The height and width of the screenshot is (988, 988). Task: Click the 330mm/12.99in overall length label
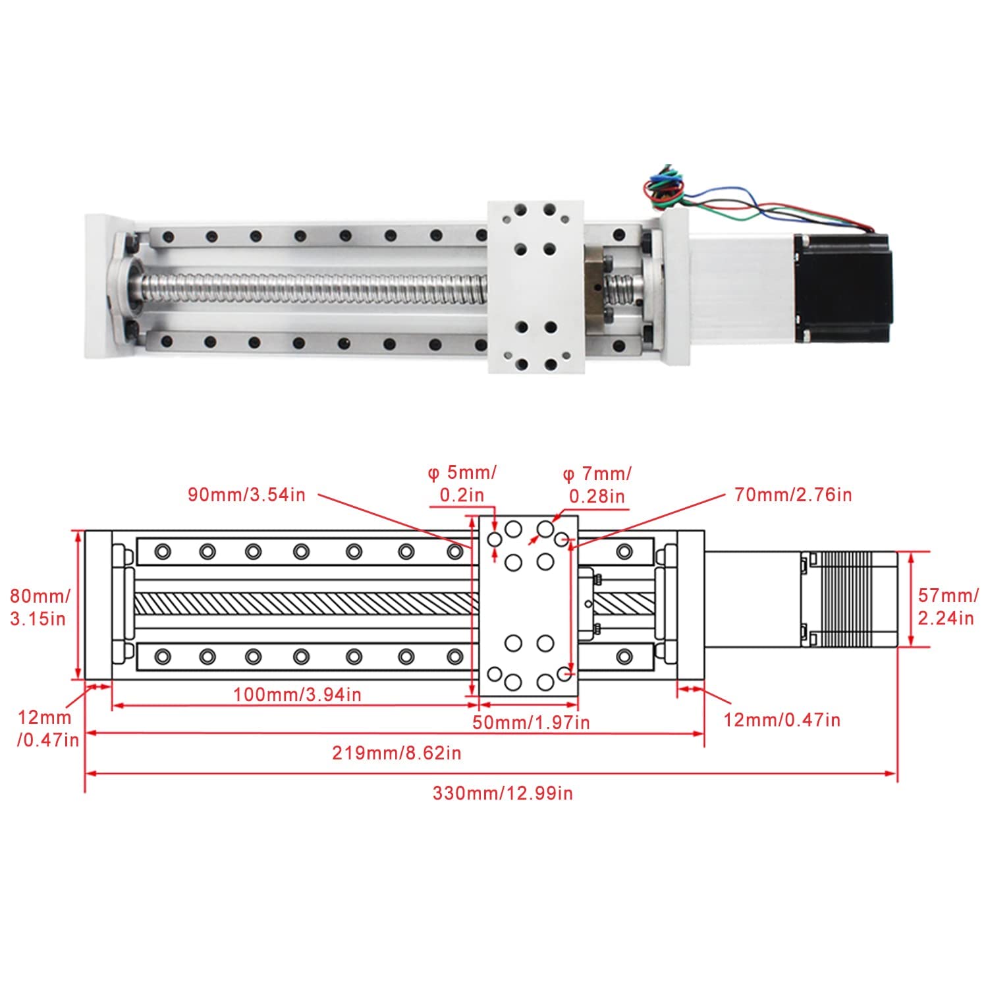(x=502, y=793)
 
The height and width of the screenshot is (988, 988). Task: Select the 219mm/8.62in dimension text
(x=397, y=753)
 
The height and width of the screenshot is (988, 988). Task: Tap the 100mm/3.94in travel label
(x=297, y=694)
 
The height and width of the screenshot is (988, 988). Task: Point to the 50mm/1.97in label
(x=531, y=723)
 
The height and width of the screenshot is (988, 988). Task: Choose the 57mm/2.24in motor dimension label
(x=946, y=607)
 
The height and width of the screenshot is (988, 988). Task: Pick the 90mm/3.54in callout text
(x=246, y=495)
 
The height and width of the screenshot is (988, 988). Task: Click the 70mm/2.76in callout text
(x=793, y=494)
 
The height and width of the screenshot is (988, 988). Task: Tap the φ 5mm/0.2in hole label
(x=462, y=483)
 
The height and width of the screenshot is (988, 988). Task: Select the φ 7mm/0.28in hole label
(x=597, y=484)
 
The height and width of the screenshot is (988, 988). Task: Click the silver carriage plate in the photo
(x=535, y=287)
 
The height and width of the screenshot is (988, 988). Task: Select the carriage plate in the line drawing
(x=528, y=606)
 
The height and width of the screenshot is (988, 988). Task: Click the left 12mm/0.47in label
(x=46, y=728)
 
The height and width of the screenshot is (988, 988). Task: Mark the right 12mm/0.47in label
(x=782, y=719)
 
